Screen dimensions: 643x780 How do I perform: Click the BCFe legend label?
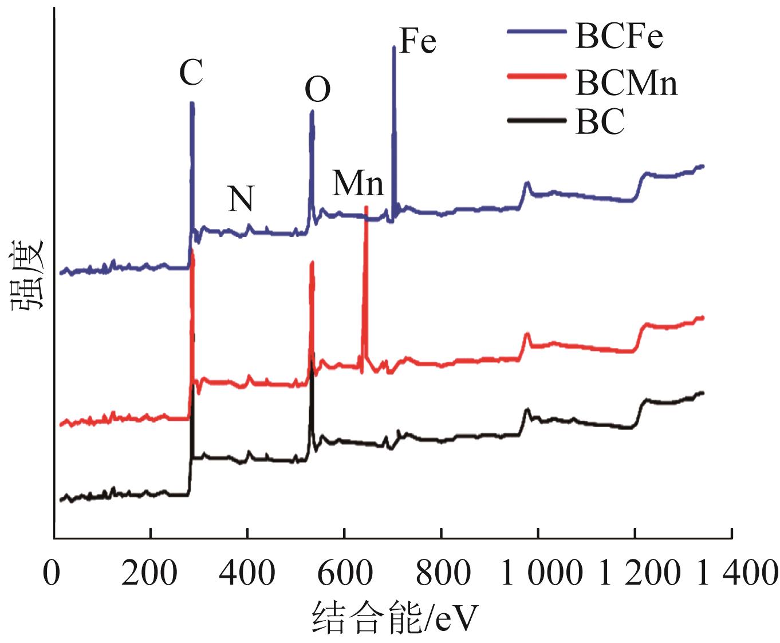point(619,38)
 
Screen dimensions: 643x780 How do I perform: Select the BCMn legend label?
point(626,84)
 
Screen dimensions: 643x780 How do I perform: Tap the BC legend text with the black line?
point(599,122)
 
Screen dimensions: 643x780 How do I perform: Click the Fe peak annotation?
point(417,42)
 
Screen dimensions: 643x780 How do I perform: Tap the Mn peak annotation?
point(358,184)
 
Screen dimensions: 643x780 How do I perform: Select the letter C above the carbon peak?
point(191,73)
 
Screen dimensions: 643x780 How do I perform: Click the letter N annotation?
point(241,199)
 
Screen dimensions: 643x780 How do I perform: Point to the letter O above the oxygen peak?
point(317,90)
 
